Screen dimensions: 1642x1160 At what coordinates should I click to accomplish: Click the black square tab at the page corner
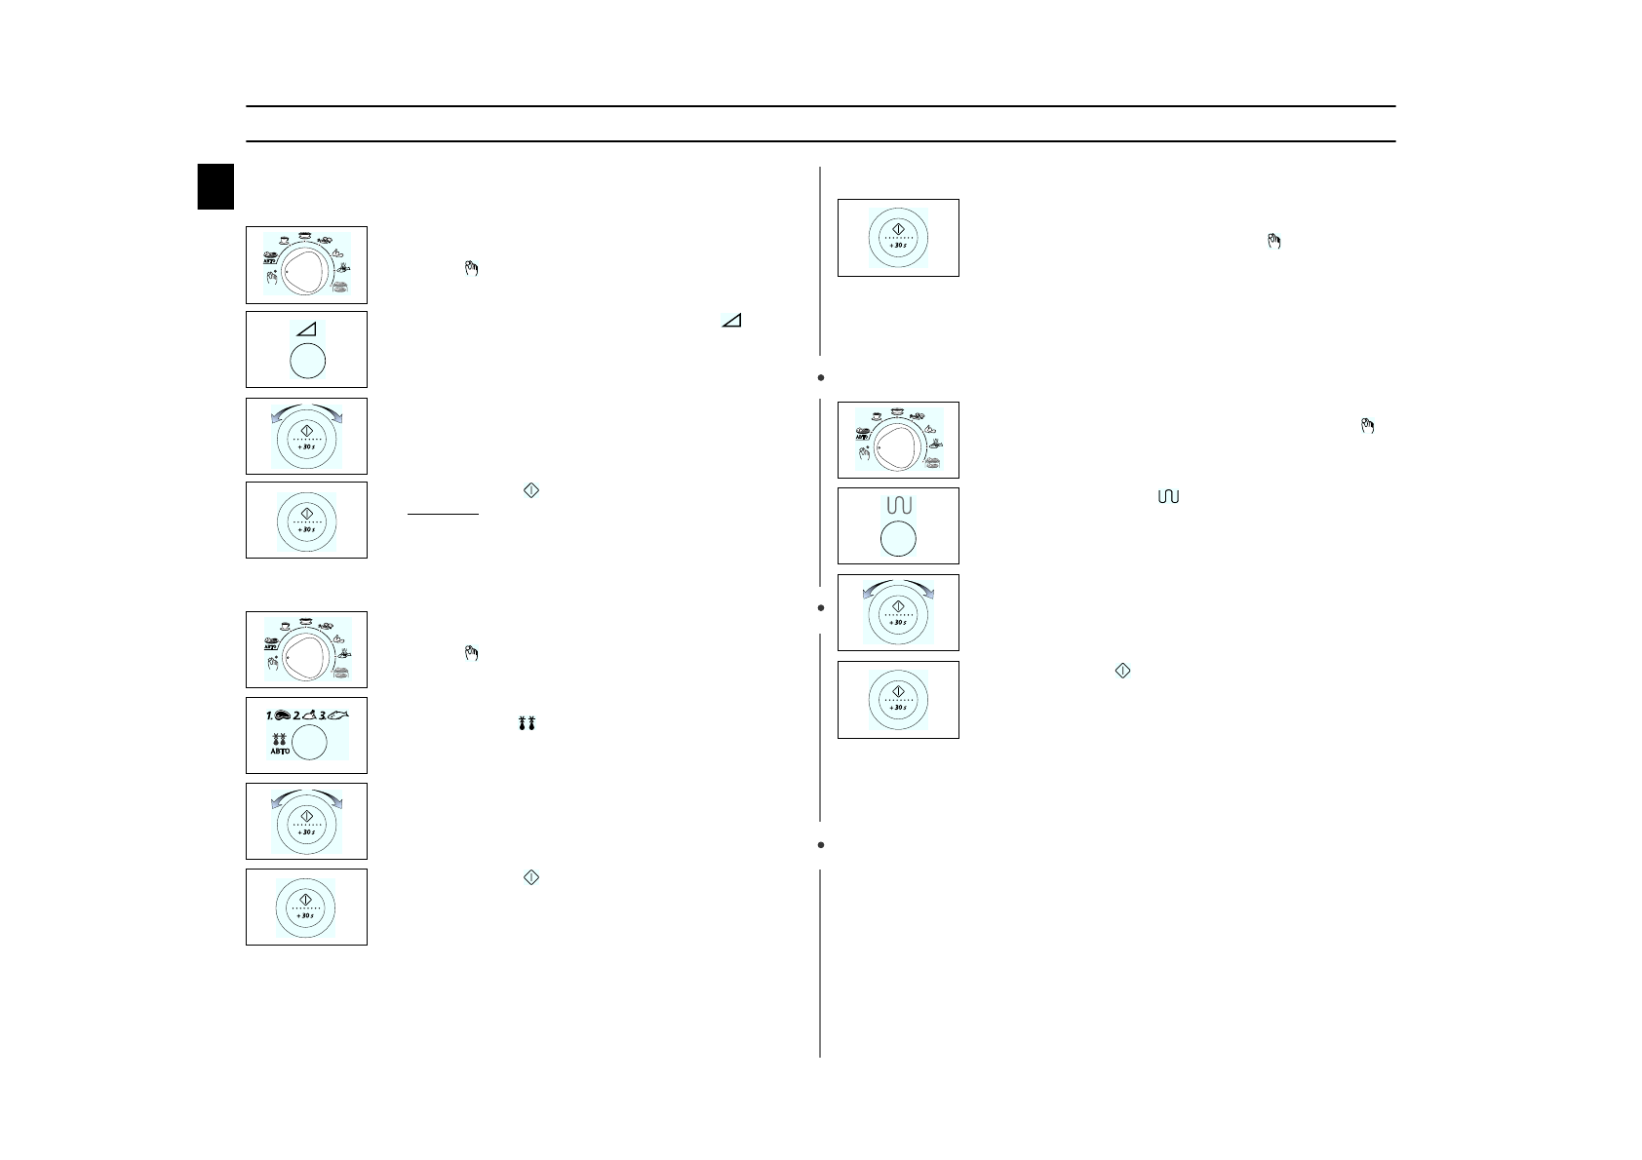(215, 186)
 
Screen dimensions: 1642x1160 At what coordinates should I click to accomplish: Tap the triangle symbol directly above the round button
(307, 330)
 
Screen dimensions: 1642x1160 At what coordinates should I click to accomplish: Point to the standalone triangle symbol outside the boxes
(731, 320)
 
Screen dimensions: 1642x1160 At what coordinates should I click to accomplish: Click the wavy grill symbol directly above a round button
(898, 506)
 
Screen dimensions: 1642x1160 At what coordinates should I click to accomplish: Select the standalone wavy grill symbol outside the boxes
(1167, 497)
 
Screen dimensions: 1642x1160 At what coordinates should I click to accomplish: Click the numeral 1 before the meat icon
(269, 715)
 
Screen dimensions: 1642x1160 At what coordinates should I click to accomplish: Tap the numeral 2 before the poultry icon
(295, 715)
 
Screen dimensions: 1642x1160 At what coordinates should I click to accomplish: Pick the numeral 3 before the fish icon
(322, 715)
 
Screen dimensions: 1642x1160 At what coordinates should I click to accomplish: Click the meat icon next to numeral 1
(282, 715)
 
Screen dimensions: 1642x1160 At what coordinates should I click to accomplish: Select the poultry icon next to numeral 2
(308, 715)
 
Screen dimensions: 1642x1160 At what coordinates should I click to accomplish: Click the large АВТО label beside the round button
(280, 751)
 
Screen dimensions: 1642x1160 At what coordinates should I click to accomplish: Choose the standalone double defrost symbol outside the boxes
(529, 724)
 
